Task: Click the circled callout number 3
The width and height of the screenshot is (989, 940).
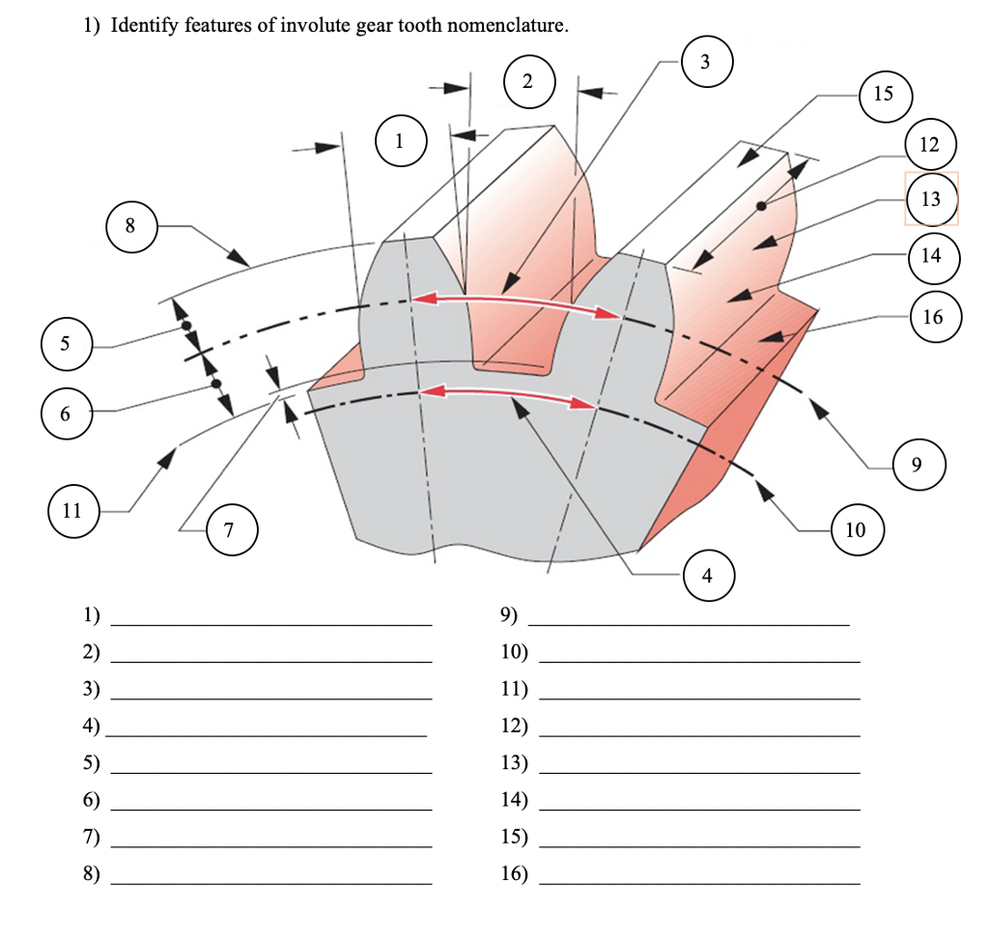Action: [x=704, y=62]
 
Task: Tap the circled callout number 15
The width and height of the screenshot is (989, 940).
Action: [x=883, y=94]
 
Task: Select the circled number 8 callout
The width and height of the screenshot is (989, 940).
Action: [x=130, y=227]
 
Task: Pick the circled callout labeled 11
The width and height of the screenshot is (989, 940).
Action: [x=72, y=510]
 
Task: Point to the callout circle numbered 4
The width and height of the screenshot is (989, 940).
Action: [x=707, y=577]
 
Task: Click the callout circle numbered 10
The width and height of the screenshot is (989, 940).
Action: [x=856, y=529]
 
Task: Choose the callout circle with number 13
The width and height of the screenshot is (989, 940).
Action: [x=931, y=199]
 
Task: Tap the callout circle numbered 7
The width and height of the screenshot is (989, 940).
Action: [x=229, y=529]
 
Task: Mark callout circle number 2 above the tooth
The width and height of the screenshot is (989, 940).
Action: [x=527, y=81]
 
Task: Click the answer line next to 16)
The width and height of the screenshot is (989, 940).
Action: [x=698, y=882]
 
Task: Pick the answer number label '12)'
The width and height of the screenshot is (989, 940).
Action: [x=515, y=726]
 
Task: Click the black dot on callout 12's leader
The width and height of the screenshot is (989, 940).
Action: [x=762, y=206]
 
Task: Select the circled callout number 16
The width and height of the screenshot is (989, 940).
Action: [x=933, y=316]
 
